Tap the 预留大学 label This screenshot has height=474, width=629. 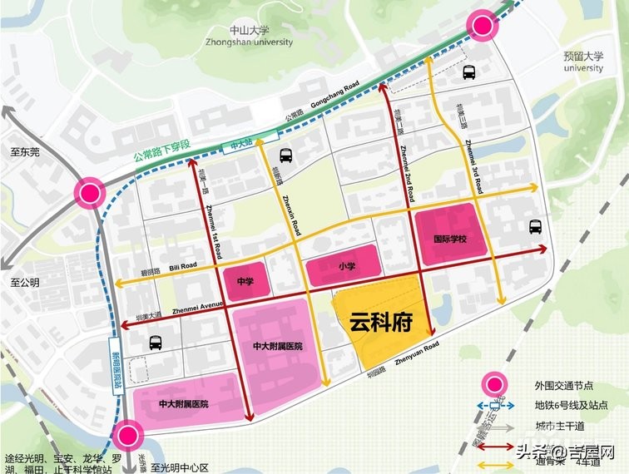click(582, 62)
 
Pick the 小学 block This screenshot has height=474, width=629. click(346, 267)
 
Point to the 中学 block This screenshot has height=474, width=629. click(245, 281)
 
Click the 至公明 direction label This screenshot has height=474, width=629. click(25, 283)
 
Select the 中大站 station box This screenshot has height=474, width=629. click(241, 145)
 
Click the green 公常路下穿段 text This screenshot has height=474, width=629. click(161, 151)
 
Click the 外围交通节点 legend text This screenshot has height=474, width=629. click(565, 386)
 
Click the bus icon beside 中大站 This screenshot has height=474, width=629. click(285, 155)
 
